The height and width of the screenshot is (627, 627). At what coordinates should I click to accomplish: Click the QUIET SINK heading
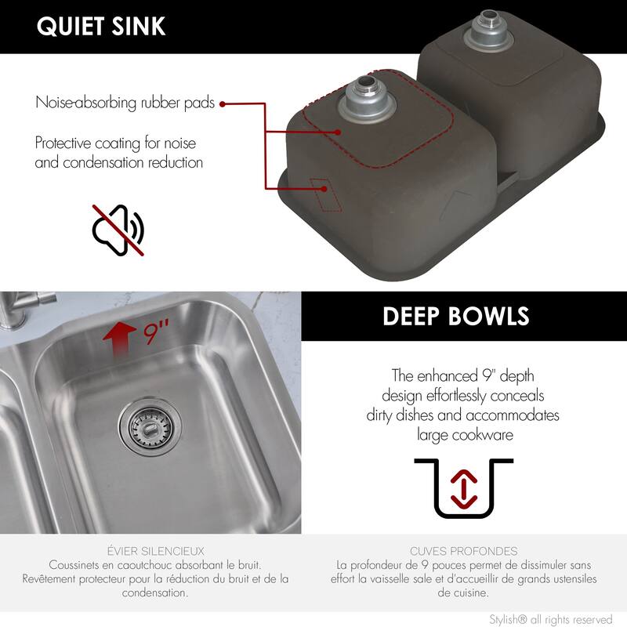tap(101, 26)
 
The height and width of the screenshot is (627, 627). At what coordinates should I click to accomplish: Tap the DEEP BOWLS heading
tap(455, 316)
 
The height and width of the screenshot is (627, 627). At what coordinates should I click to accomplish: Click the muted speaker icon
tap(118, 230)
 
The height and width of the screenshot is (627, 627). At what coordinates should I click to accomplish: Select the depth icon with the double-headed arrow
tap(463, 488)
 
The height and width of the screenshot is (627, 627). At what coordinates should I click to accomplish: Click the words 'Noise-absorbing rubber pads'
tap(125, 103)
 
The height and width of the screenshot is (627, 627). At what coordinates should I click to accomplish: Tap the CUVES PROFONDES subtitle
tap(463, 551)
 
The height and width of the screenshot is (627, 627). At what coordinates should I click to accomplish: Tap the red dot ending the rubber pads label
tap(223, 103)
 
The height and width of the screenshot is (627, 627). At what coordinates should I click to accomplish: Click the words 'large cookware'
tap(463, 435)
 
